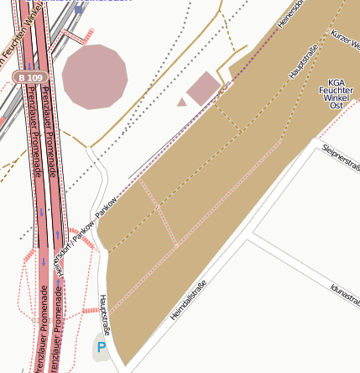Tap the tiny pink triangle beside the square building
[x=181, y=102]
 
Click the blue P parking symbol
[x=102, y=346]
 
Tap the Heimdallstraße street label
[x=188, y=299]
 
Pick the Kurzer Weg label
[x=346, y=39]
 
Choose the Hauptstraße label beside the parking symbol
[x=105, y=314]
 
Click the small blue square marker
[x=79, y=8]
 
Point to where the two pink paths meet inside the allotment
[x=176, y=245]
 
